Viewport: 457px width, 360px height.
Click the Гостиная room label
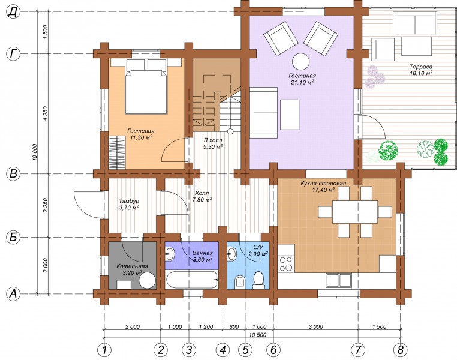302,76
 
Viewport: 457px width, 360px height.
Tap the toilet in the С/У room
258,280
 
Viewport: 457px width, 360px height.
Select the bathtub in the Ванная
192,280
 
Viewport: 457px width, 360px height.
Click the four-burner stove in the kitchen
286,263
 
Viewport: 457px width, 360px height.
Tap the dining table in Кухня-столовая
354,212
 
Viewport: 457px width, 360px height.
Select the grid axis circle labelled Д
13,11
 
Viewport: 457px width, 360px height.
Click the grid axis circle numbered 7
358,350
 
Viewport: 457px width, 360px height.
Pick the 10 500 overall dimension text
258,335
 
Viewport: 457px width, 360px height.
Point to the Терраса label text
420,67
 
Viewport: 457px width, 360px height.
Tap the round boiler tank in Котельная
147,280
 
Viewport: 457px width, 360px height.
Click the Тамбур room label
129,201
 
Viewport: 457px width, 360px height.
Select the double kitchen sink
339,280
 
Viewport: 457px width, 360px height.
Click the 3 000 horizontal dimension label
316,326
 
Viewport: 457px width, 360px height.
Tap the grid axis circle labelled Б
13,237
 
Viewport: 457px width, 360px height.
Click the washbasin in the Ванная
170,254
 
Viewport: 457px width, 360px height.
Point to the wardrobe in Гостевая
117,152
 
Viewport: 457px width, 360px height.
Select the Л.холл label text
213,140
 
